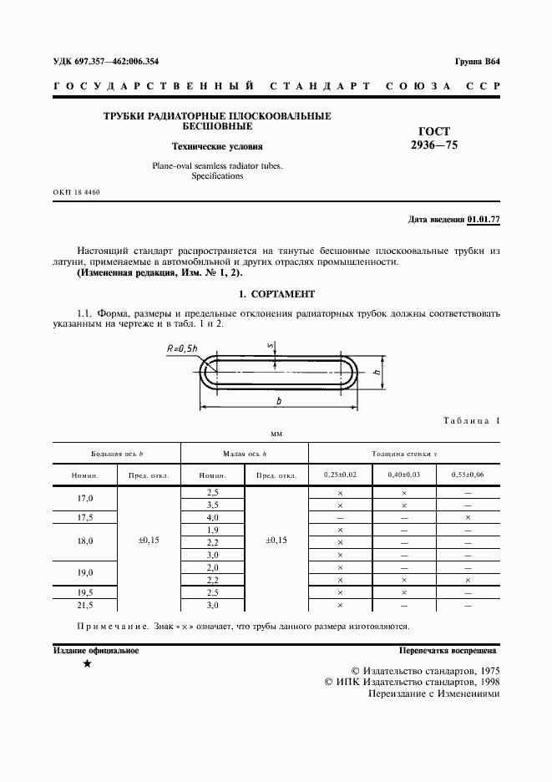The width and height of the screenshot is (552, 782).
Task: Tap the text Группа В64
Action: point(477,62)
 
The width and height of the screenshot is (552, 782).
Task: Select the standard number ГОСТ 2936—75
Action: point(433,138)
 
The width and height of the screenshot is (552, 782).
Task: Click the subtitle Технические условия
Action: point(217,145)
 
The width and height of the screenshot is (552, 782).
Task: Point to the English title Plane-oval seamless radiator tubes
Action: point(217,166)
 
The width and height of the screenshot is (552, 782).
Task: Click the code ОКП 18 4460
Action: point(76,193)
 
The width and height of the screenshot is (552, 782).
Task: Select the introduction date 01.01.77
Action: point(484,220)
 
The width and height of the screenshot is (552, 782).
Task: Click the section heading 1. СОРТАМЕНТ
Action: point(276,294)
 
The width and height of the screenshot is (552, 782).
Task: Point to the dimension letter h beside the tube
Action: point(377,373)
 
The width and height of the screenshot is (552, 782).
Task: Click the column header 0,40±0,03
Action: point(403,475)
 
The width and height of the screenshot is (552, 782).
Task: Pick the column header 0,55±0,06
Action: point(468,475)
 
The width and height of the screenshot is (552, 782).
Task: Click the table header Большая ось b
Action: point(118,453)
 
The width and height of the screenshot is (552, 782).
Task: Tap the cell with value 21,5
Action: point(85,604)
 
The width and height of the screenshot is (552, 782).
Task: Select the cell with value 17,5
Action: point(85,517)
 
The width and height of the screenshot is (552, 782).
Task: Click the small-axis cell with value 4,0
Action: point(212,517)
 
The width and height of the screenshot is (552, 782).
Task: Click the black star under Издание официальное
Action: point(88,664)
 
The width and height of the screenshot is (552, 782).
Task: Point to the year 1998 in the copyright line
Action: point(482,682)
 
